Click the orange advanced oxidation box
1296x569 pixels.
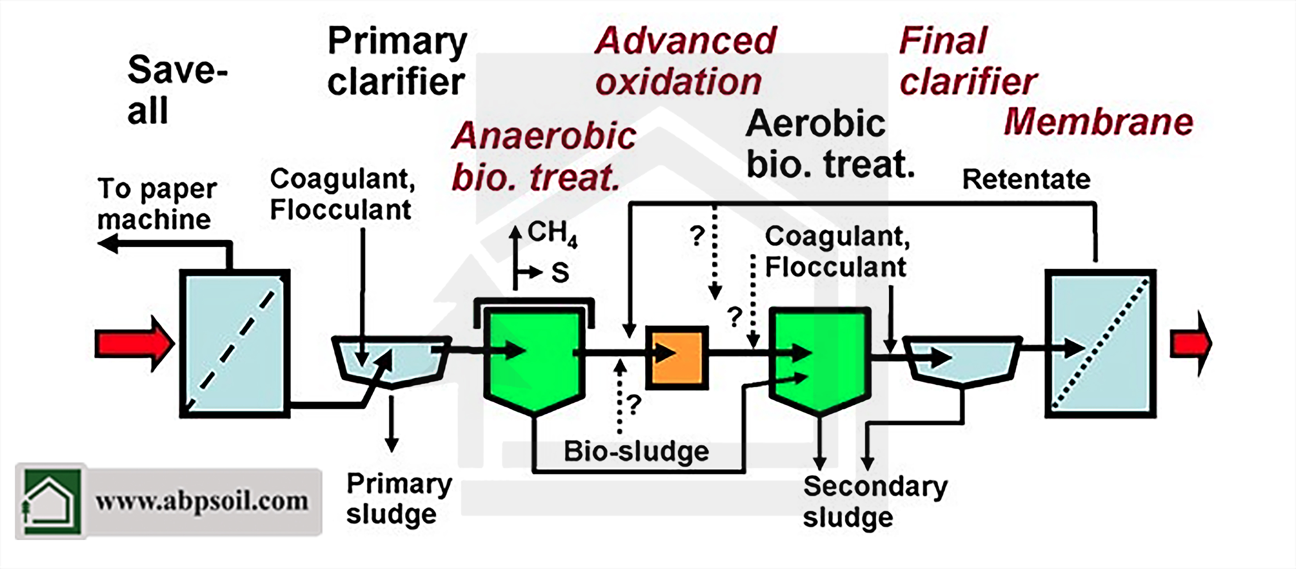(677, 358)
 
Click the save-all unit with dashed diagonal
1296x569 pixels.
(234, 344)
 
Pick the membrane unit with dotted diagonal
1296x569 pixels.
(1100, 344)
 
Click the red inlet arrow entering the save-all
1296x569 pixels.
(134, 344)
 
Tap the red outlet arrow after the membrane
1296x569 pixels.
(1190, 344)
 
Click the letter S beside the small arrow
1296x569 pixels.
(560, 273)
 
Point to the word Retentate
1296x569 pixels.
(1026, 179)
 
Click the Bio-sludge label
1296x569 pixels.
(636, 451)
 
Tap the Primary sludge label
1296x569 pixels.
(399, 499)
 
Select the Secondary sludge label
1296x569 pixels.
(874, 502)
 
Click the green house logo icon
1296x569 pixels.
(52, 501)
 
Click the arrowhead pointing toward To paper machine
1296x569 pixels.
(107, 245)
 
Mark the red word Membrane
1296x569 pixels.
(1098, 122)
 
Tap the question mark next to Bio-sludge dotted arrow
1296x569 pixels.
(634, 404)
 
